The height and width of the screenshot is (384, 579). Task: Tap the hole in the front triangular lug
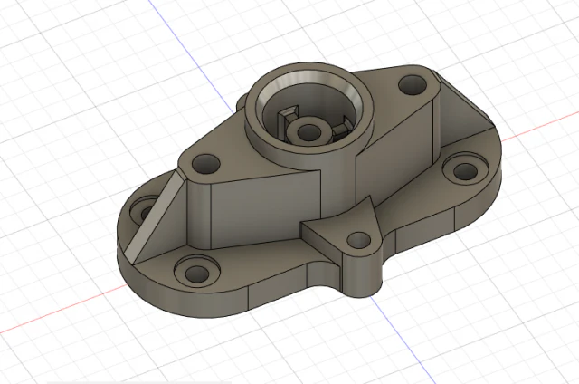(360, 242)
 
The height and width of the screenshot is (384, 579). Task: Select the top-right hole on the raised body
(413, 85)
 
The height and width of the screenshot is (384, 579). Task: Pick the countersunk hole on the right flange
(463, 168)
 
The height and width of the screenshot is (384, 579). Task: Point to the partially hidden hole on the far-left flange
(144, 213)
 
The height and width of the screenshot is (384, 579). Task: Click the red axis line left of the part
(54, 312)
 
